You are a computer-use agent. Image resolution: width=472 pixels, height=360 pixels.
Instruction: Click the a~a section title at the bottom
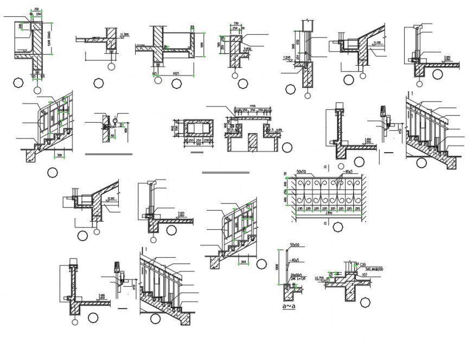(x=288, y=307)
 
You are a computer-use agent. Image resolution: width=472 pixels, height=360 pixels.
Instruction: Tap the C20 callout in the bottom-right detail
(x=362, y=264)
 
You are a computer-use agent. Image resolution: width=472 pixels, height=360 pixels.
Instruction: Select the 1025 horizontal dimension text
(x=176, y=73)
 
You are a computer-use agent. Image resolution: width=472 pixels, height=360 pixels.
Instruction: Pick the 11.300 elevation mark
(x=125, y=35)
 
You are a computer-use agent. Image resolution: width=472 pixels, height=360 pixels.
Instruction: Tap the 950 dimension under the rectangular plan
(x=198, y=144)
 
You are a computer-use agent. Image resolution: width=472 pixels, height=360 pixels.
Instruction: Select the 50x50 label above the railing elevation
(x=302, y=172)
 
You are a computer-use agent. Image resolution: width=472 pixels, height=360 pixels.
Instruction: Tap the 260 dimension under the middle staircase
(x=244, y=262)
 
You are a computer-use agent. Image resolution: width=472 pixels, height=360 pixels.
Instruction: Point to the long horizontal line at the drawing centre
(x=225, y=173)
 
